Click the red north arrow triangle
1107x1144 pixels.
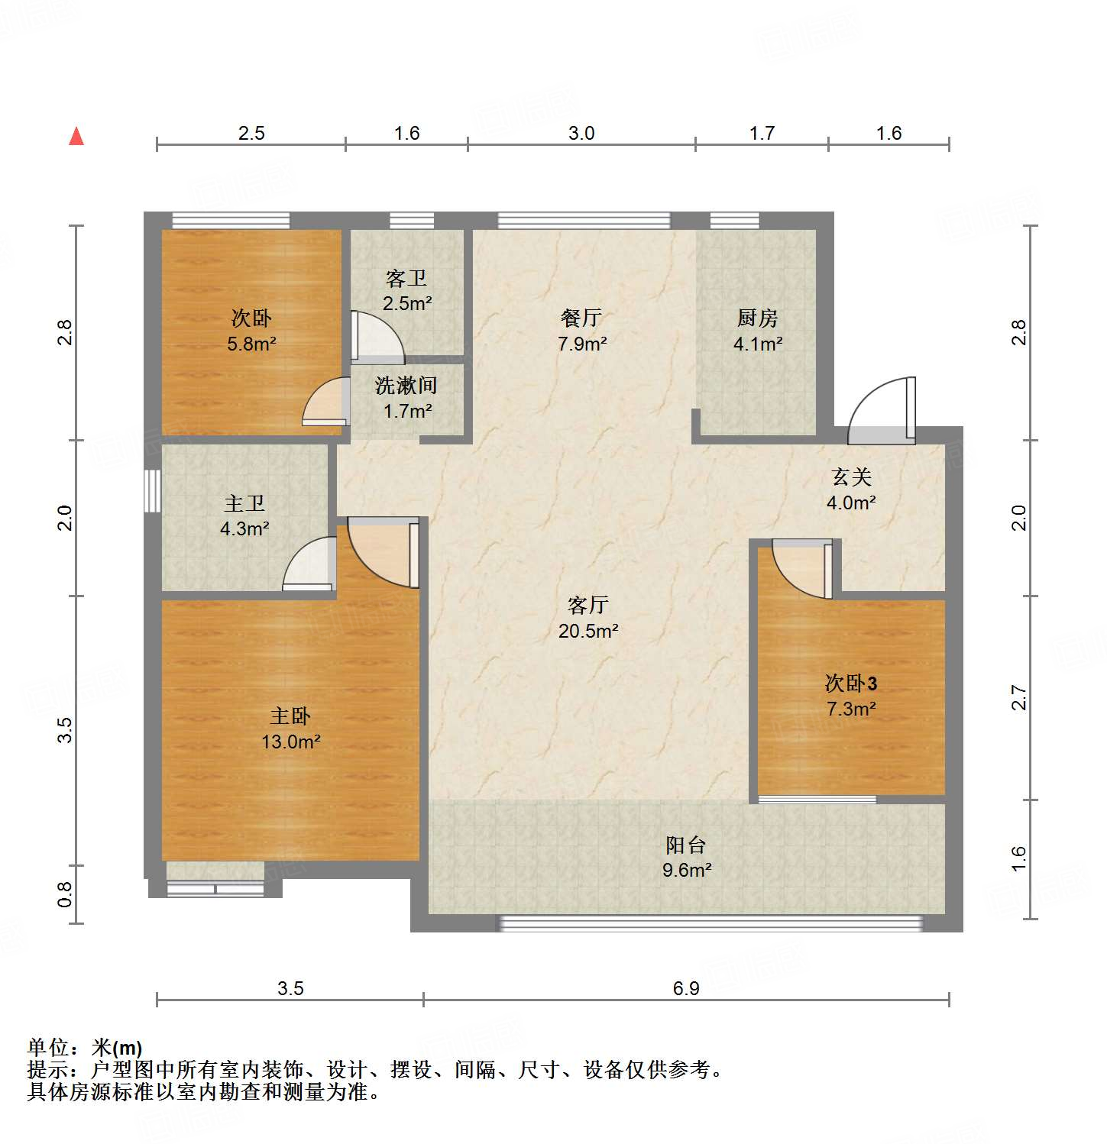[x=76, y=137]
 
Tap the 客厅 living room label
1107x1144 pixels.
[x=587, y=606]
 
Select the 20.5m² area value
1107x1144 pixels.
[x=587, y=631]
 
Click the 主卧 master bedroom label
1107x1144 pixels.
[x=290, y=716]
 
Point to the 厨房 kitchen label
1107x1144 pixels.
[x=757, y=318]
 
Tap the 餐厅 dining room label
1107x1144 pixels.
[x=581, y=318]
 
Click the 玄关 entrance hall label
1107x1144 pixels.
[x=851, y=477]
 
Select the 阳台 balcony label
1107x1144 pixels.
[x=685, y=845]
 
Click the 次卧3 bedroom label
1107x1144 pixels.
[x=850, y=683]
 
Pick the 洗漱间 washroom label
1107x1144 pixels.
[x=406, y=386]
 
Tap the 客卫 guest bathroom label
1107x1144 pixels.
[x=406, y=278]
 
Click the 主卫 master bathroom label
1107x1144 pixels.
[x=244, y=503]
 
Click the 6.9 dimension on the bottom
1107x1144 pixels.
[x=685, y=988]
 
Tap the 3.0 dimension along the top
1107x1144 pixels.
[x=581, y=134]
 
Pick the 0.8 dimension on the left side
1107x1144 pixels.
[x=66, y=894]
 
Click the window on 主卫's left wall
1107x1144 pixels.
[x=152, y=490]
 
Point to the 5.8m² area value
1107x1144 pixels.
[x=251, y=344]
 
